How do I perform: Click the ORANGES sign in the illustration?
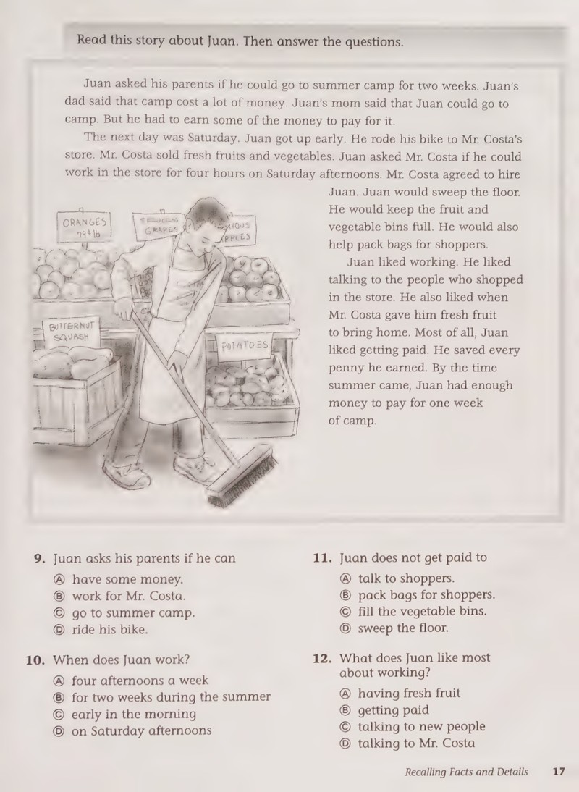(84, 227)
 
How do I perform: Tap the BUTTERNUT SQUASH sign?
(71, 332)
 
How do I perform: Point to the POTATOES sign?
(245, 347)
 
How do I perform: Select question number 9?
(39, 559)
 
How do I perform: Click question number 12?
(322, 659)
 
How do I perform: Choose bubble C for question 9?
(59, 613)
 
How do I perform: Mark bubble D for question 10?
(59, 731)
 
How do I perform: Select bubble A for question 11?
(345, 579)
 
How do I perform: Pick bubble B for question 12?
(345, 711)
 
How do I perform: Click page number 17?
(559, 772)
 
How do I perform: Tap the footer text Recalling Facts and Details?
(466, 772)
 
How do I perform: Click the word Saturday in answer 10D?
(118, 731)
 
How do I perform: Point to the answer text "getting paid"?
(393, 711)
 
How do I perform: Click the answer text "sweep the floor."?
(403, 628)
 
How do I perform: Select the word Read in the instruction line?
(92, 39)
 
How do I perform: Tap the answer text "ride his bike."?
(110, 630)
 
